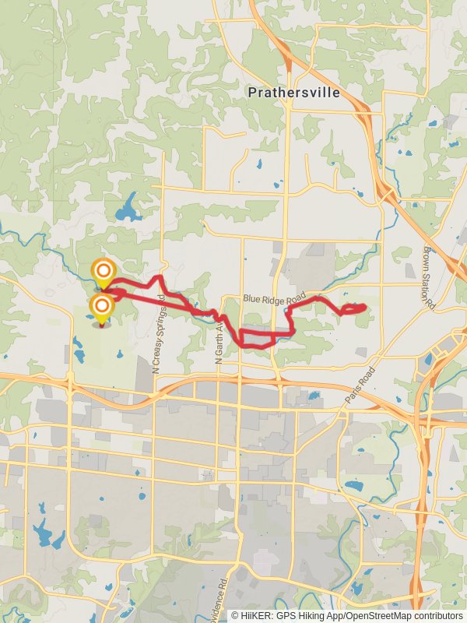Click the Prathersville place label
(293, 93)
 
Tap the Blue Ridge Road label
(272, 298)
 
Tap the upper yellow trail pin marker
(102, 273)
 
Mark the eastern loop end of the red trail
(363, 308)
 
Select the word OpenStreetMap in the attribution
(374, 615)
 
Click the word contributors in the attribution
(437, 615)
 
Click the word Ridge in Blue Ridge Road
(272, 298)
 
